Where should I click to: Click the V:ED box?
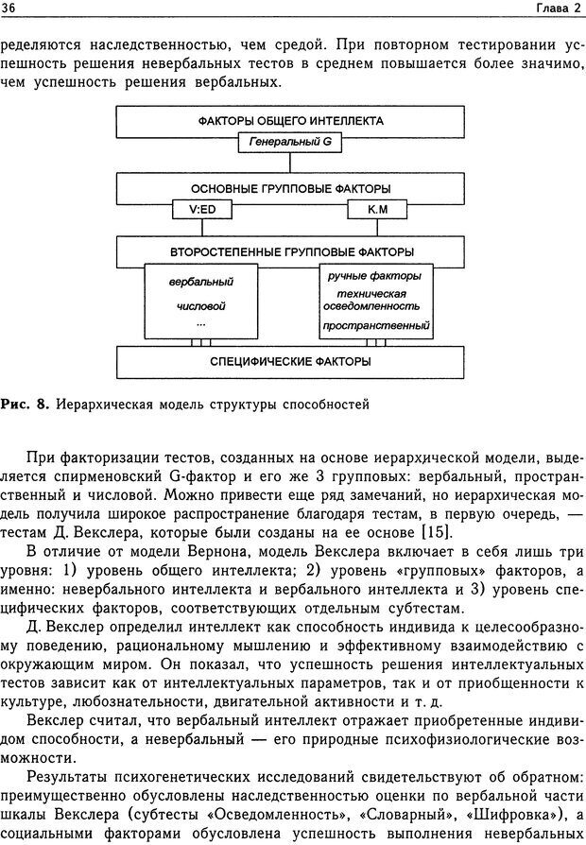[x=200, y=209]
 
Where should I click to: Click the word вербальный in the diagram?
[x=200, y=282]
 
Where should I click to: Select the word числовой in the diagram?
[x=200, y=307]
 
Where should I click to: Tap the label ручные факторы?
[x=374, y=275]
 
